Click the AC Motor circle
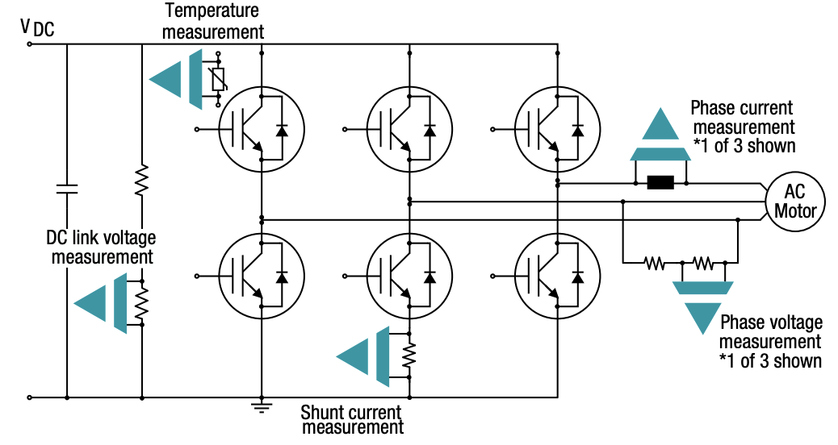point(795,201)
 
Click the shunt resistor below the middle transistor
point(409,354)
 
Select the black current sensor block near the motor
point(660,183)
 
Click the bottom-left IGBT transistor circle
point(261,276)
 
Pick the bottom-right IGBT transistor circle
point(557,276)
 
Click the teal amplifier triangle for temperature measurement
point(166,79)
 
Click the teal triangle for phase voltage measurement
point(701,317)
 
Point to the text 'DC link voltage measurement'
point(102,247)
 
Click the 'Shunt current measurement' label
point(352,419)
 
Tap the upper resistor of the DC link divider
point(141,181)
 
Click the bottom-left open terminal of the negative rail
point(30,397)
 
